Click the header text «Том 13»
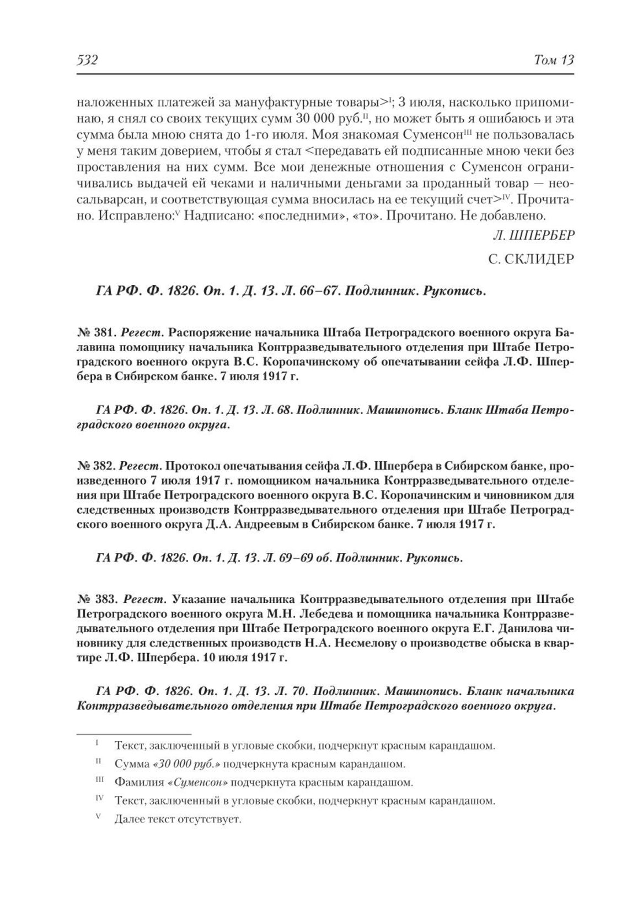554,60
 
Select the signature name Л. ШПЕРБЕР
533,235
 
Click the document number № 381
95,333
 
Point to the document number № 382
95,465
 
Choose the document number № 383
95,598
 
